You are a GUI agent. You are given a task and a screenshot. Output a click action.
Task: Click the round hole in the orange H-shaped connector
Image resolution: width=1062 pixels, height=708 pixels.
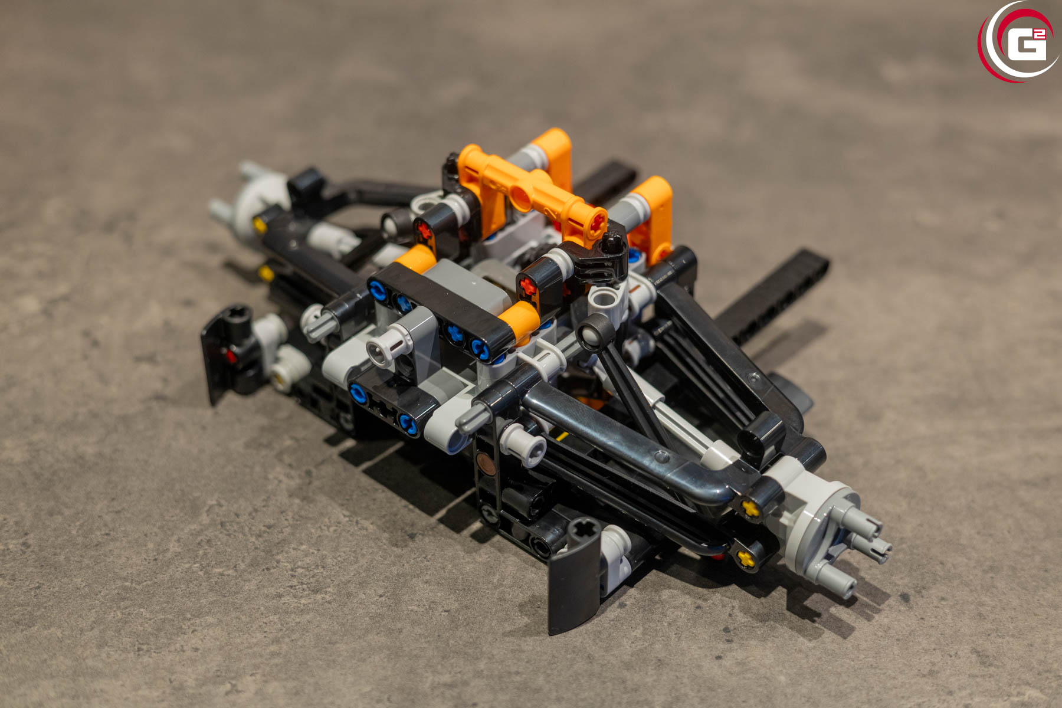pyautogui.click(x=521, y=195)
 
